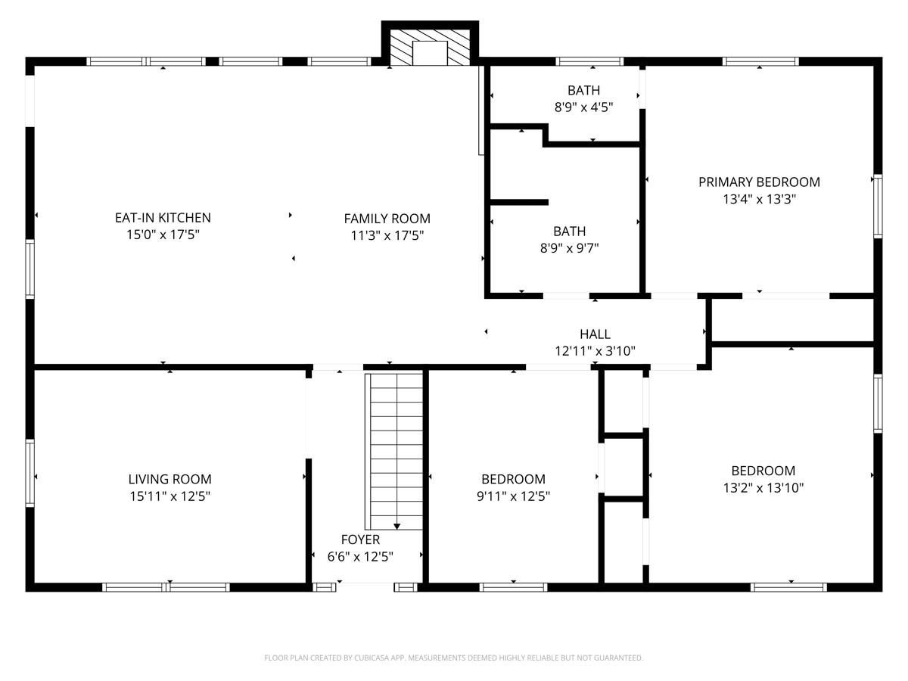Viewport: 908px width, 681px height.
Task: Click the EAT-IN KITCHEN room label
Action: pos(163,217)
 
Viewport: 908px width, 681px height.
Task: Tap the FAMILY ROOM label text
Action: pos(387,219)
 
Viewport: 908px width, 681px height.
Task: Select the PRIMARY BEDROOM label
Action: pos(759,182)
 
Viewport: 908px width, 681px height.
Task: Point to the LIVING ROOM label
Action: pos(169,479)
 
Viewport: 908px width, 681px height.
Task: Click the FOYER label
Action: pos(360,540)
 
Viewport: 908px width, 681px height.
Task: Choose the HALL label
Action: pos(595,334)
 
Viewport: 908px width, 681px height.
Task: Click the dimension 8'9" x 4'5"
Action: pos(583,107)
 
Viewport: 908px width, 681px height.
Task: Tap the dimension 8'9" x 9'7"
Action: pos(569,248)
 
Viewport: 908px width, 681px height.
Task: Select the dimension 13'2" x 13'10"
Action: pos(763,488)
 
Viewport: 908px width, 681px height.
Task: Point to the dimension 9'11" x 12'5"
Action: pos(513,496)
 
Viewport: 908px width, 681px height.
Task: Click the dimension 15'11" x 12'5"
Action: pos(169,496)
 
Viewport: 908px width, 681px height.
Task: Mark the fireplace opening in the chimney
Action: pos(430,53)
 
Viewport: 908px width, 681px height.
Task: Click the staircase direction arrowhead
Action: pos(396,527)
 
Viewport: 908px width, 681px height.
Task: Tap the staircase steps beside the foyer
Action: pos(393,452)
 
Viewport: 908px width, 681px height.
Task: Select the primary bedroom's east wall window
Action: pos(878,207)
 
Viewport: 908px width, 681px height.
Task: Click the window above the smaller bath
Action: pos(589,61)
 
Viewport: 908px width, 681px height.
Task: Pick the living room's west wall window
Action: pos(30,473)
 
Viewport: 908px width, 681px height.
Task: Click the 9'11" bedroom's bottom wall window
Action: pos(513,587)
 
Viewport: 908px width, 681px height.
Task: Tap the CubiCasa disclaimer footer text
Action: pos(454,658)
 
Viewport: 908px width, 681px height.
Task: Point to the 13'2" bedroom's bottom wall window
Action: pos(789,587)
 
